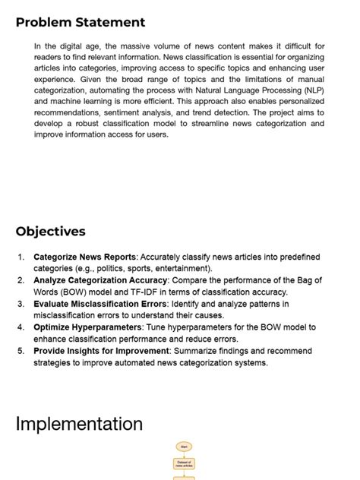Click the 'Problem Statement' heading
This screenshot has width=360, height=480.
pyautogui.click(x=81, y=23)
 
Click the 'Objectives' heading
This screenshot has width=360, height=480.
pyautogui.click(x=51, y=232)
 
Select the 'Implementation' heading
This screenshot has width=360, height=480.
pyautogui.click(x=79, y=423)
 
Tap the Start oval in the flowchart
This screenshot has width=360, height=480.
pyautogui.click(x=184, y=447)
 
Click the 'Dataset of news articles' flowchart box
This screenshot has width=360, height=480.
pyautogui.click(x=184, y=463)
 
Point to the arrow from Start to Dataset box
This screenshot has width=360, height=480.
pyautogui.click(x=184, y=455)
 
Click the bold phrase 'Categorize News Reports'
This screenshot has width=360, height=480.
pyautogui.click(x=84, y=257)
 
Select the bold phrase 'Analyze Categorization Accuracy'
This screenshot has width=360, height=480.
pyautogui.click(x=100, y=281)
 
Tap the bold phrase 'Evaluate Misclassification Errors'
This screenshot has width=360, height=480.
pyautogui.click(x=101, y=304)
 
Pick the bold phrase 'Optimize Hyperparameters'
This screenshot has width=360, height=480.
pyautogui.click(x=87, y=327)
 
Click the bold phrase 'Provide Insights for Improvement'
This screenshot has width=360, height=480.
pyautogui.click(x=102, y=351)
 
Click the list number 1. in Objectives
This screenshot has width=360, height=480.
pyautogui.click(x=22, y=257)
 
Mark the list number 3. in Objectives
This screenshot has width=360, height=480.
pyautogui.click(x=22, y=304)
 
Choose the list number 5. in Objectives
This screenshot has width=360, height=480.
pyautogui.click(x=22, y=351)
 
